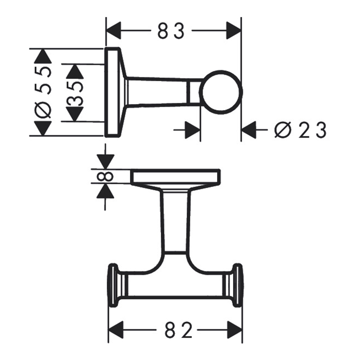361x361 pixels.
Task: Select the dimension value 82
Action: click(173, 329)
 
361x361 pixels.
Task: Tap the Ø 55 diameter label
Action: click(45, 92)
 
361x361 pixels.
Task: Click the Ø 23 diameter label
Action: click(300, 130)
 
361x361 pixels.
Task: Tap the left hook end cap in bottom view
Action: click(113, 286)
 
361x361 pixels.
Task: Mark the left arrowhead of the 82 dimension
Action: click(114, 329)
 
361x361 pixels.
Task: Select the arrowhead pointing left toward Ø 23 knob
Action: click(249, 130)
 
